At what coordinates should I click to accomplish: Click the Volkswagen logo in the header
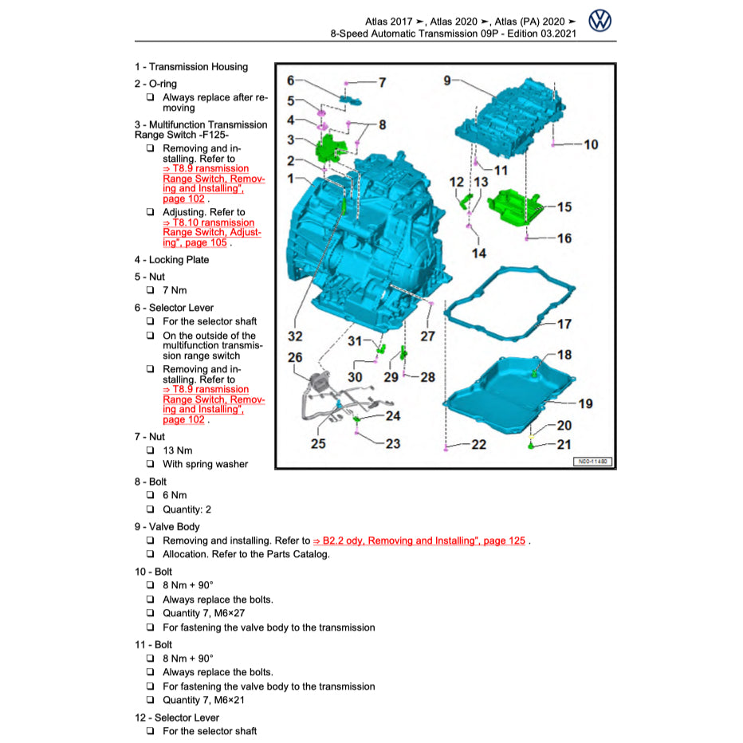tap(600, 21)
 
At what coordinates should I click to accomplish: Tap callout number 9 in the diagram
tap(447, 80)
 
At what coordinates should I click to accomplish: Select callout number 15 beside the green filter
tap(564, 207)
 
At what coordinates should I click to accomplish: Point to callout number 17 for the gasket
tap(564, 324)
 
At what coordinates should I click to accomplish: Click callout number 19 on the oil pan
tap(585, 403)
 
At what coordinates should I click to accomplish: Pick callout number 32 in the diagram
tap(295, 337)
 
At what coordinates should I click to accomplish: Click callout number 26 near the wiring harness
tap(295, 358)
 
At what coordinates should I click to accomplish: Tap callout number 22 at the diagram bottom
tap(478, 445)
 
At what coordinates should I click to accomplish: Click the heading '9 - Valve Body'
tap(167, 526)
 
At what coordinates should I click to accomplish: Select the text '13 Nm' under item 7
tap(177, 450)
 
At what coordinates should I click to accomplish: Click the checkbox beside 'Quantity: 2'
tap(150, 509)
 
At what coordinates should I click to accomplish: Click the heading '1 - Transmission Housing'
tap(191, 67)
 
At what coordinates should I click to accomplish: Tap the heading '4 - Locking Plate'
tap(171, 260)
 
